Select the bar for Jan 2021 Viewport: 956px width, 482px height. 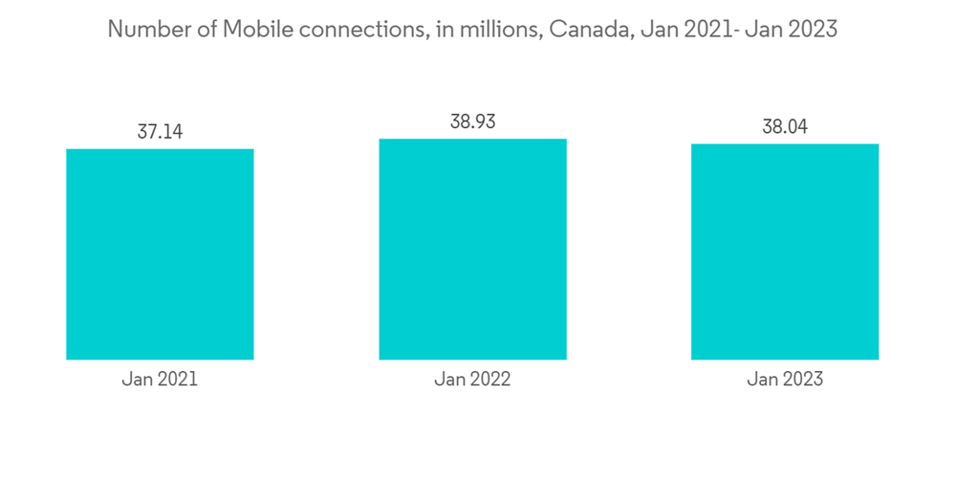[160, 254]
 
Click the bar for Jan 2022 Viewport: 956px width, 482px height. [472, 250]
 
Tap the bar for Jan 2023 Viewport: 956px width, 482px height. [785, 252]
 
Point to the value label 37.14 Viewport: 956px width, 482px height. [160, 132]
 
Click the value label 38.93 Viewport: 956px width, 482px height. [472, 122]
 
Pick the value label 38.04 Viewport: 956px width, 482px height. [785, 127]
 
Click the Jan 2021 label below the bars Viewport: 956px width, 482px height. [160, 380]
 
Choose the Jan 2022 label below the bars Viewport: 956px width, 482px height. [472, 380]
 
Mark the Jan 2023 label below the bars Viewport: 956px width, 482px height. [785, 380]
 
